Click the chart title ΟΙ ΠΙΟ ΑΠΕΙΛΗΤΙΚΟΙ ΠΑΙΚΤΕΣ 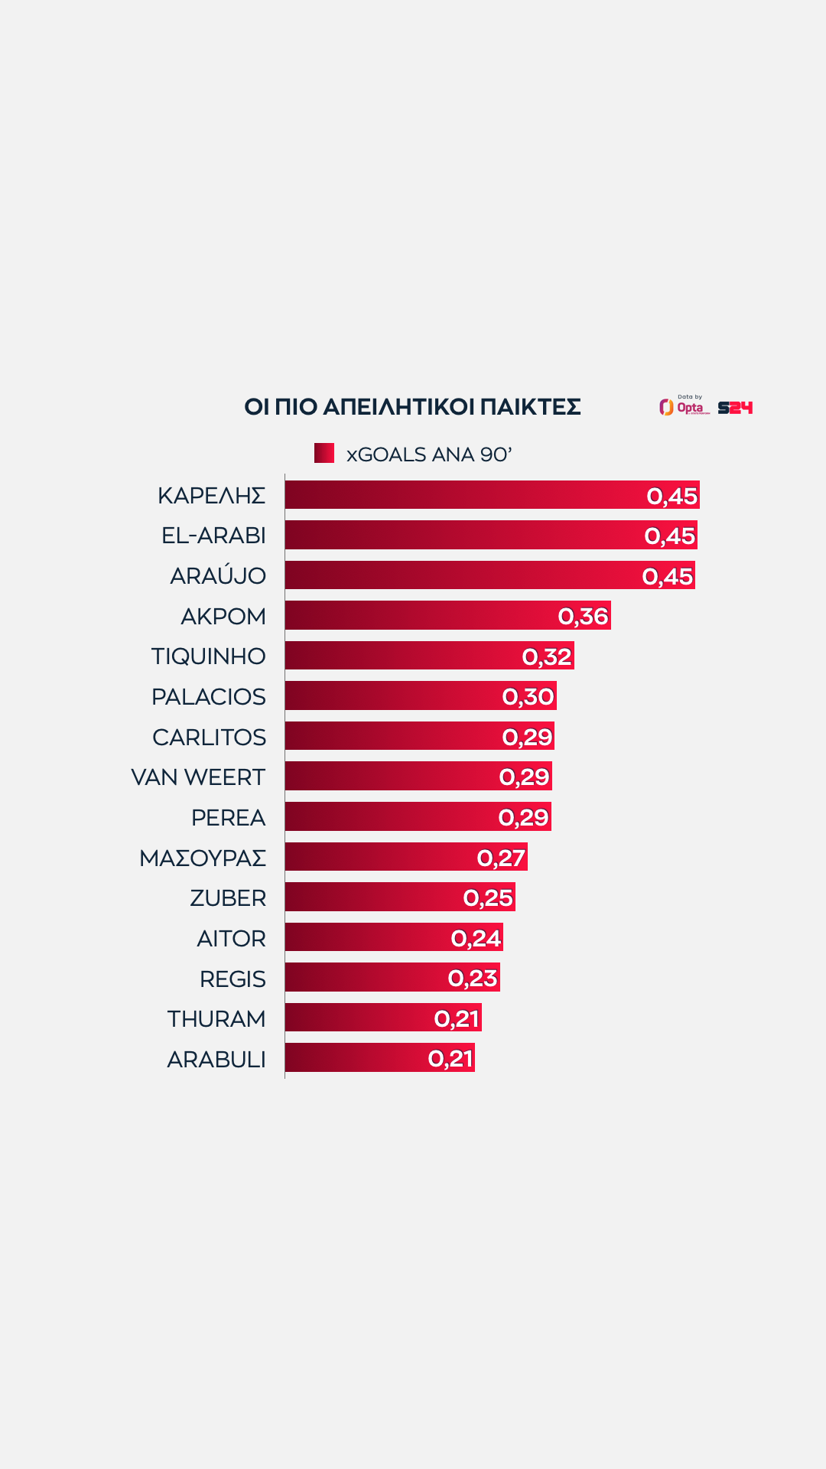click(412, 407)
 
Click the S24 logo click(735, 408)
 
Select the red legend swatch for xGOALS click(324, 453)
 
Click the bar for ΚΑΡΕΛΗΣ click(459, 495)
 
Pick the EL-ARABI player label click(213, 536)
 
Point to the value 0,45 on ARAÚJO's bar click(668, 576)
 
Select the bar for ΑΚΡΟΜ click(421, 616)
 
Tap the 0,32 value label click(547, 656)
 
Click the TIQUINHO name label click(208, 656)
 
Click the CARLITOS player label click(209, 737)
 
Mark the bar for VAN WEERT click(390, 777)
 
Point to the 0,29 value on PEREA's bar click(524, 817)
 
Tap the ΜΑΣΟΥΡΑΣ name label click(203, 858)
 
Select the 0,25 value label click(488, 897)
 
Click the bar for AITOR click(367, 938)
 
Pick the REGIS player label click(233, 979)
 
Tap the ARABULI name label click(216, 1059)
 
